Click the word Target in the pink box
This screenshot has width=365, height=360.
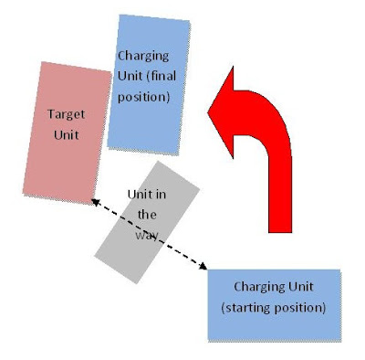point(66,114)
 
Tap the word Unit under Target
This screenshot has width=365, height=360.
point(67,134)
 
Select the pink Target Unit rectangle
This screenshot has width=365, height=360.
point(68,132)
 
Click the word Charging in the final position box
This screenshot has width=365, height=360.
point(143,57)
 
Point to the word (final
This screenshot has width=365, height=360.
point(162,75)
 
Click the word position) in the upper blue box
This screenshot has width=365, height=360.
point(143,97)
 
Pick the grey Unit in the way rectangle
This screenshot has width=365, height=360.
point(147,222)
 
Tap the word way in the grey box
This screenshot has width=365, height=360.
point(147,235)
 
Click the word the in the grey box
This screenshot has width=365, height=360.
point(147,215)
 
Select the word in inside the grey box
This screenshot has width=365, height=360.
point(162,195)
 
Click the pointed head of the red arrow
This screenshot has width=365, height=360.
point(209,112)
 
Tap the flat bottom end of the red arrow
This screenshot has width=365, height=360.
point(280,232)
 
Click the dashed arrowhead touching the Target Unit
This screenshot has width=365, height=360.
point(95,202)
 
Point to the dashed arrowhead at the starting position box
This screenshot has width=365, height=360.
point(203,266)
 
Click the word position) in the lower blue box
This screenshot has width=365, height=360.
point(300,308)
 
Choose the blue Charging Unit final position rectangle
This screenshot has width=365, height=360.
point(149,85)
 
